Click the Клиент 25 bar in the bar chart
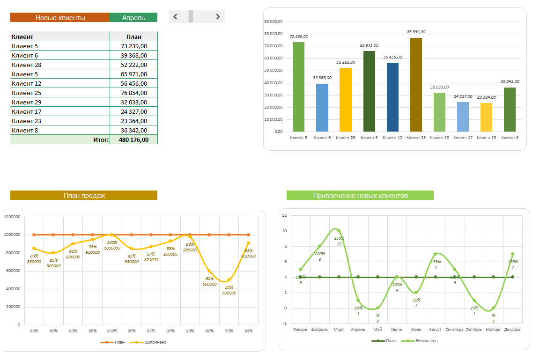[416, 85]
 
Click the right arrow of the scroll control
[218, 17]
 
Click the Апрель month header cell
[133, 18]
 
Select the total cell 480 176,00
[133, 140]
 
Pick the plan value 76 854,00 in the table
[133, 93]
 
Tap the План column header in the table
[133, 37]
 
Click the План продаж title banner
[84, 196]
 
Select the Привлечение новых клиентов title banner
[360, 196]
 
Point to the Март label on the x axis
[339, 330]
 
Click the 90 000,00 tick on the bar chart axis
[274, 22]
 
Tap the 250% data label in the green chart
[339, 238]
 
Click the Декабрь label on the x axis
[512, 330]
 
